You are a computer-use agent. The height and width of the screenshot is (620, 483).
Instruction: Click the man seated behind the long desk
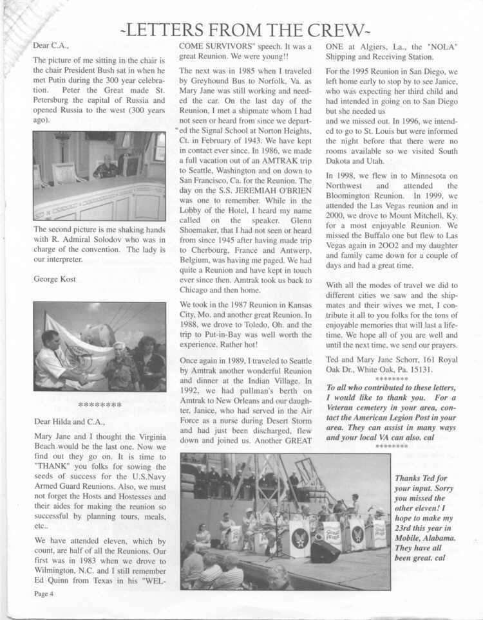pyautogui.click(x=106, y=167)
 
